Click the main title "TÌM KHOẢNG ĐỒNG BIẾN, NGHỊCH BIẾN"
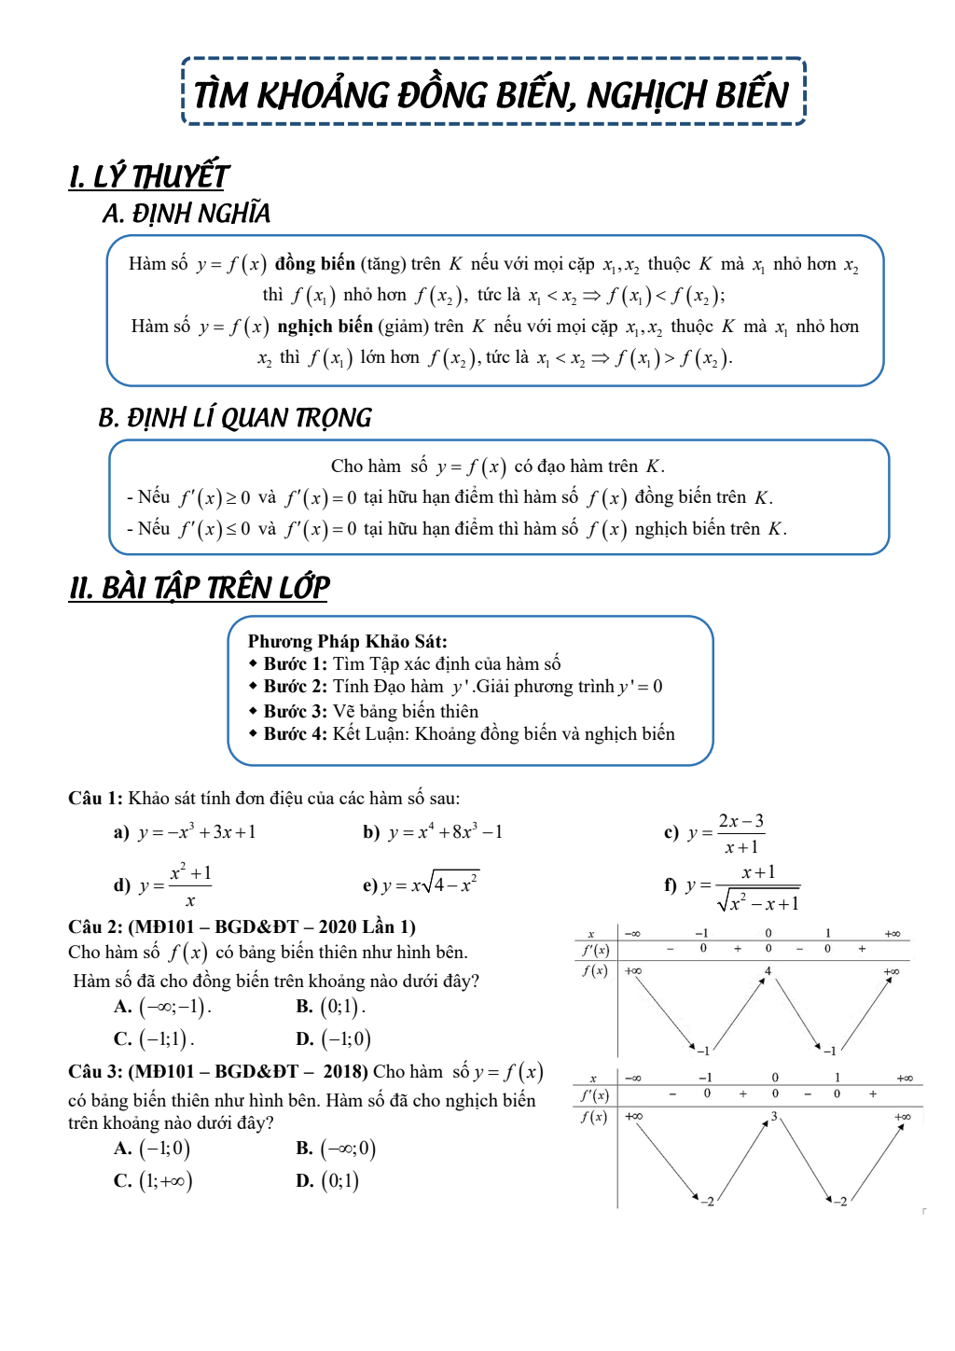(x=491, y=94)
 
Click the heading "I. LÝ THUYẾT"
(x=149, y=175)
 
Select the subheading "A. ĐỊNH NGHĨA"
(x=187, y=214)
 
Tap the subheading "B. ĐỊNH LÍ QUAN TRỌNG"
(x=235, y=417)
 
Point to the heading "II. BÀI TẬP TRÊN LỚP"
(x=200, y=588)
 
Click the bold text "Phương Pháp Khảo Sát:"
(x=347, y=641)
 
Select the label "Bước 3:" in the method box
(x=296, y=711)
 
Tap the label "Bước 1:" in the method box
(x=296, y=664)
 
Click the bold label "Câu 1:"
(x=95, y=798)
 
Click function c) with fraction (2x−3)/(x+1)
(x=715, y=833)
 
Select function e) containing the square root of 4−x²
(x=422, y=884)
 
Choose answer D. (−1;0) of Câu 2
(x=334, y=1038)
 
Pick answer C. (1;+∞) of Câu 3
(x=154, y=1181)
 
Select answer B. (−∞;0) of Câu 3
(x=337, y=1149)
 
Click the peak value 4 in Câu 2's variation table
(x=768, y=971)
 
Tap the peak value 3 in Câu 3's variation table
(x=774, y=1116)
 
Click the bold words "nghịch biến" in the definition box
(x=325, y=327)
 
